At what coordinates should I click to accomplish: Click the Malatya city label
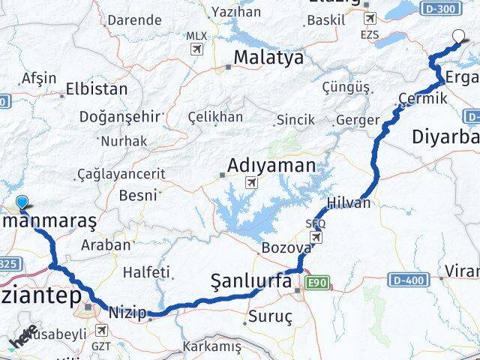268,58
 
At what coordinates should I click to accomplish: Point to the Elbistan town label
97,88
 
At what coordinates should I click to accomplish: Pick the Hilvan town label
348,203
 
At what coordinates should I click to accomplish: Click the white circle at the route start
460,34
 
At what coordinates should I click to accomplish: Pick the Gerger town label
352,118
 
